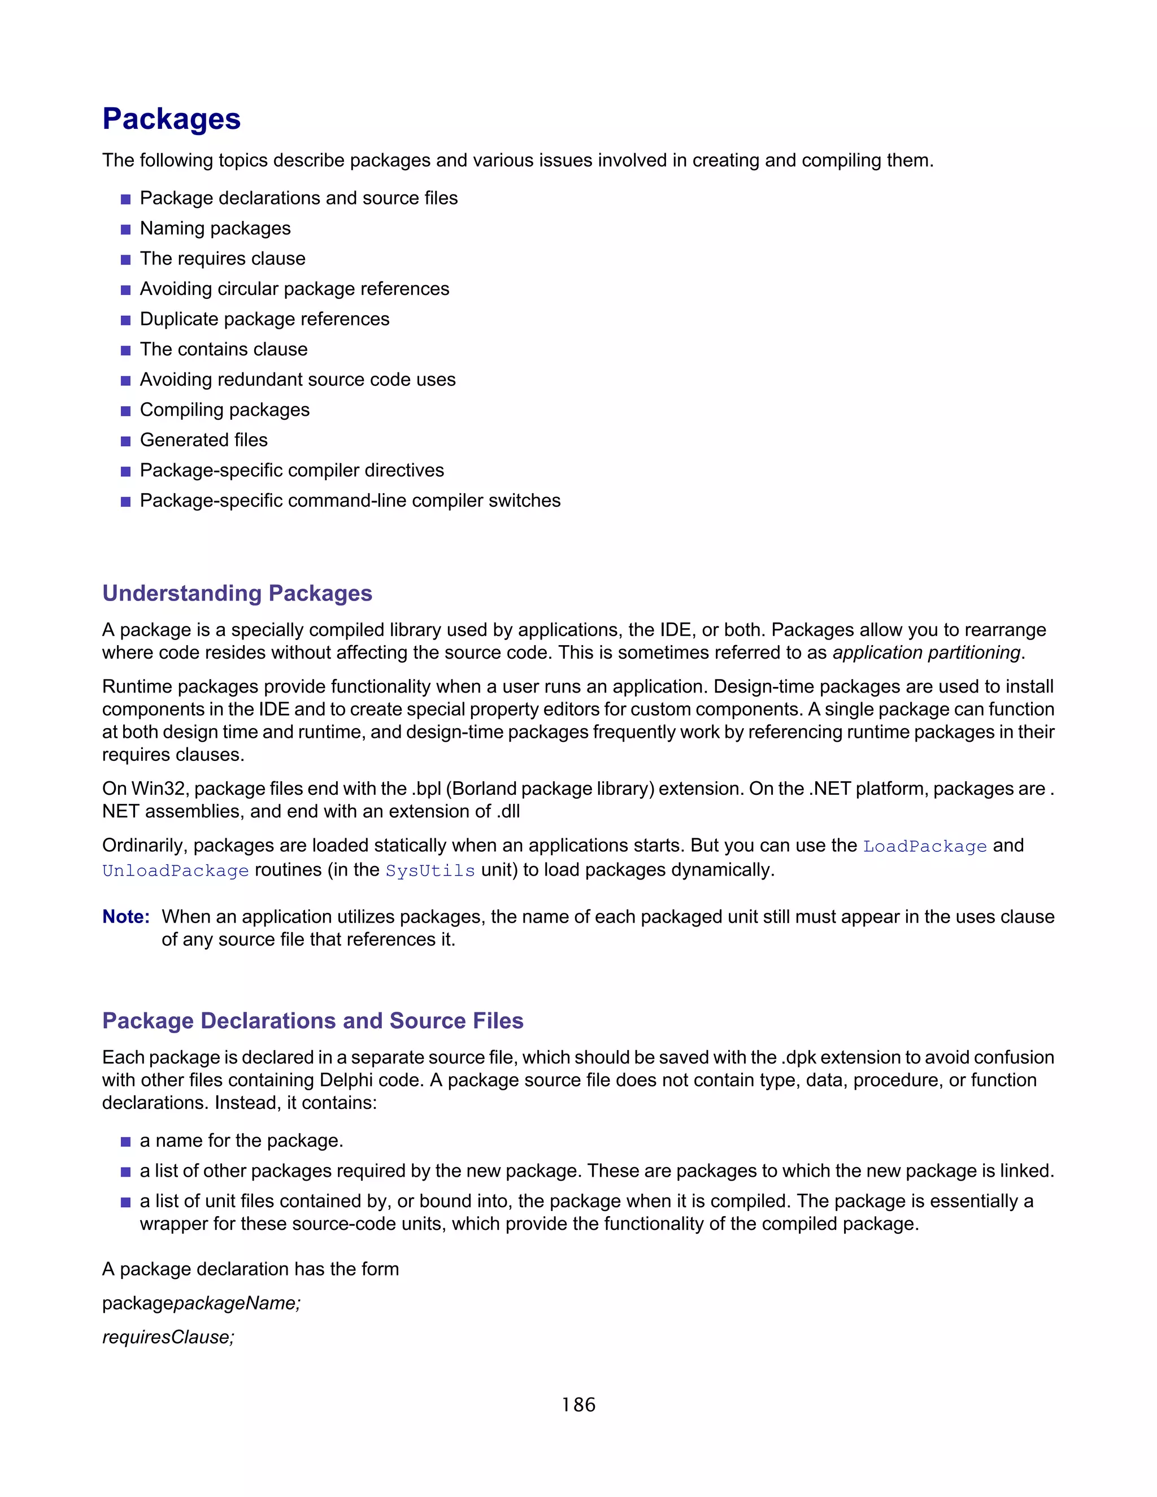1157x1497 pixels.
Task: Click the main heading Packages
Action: click(x=171, y=119)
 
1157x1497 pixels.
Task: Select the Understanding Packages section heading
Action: click(x=237, y=593)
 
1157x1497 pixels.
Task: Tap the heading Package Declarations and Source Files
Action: click(x=312, y=1021)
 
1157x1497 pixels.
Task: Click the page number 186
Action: click(x=578, y=1405)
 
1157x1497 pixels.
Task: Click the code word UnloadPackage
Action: click(x=176, y=871)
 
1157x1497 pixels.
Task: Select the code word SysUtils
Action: click(x=430, y=871)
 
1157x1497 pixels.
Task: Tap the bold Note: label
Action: click(x=126, y=916)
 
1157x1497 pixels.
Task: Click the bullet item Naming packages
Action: click(x=215, y=228)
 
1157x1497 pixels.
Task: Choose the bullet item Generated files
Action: click(x=203, y=440)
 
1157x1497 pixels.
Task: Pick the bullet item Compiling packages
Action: click(x=225, y=410)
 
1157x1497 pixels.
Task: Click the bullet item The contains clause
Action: click(x=224, y=350)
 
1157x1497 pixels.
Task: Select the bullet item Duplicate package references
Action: click(x=264, y=319)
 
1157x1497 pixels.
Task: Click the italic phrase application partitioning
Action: click(x=927, y=652)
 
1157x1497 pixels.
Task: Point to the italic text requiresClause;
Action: click(x=168, y=1337)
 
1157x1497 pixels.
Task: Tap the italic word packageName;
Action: click(x=237, y=1303)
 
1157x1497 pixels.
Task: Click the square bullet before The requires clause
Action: click(x=125, y=260)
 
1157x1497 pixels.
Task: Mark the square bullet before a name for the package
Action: click(x=125, y=1142)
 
